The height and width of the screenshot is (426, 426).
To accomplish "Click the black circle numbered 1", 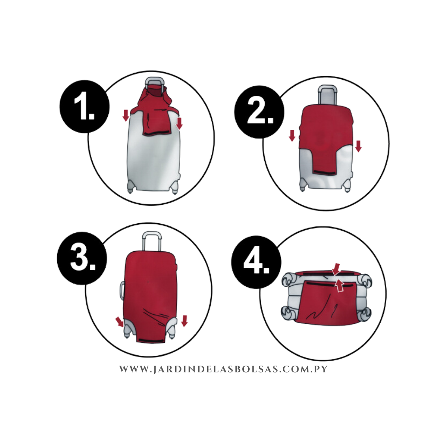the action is click(84, 106).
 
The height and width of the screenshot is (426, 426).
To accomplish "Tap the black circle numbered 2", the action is click(260, 112).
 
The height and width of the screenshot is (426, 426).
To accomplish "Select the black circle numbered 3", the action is click(82, 258).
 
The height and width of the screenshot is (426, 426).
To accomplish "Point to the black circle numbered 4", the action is click(256, 262).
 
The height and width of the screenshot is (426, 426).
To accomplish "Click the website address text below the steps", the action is click(223, 369).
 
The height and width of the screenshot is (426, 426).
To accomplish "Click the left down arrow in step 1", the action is click(125, 116).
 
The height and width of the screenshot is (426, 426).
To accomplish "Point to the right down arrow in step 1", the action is click(179, 123).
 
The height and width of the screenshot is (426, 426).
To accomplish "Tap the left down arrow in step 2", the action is click(292, 136).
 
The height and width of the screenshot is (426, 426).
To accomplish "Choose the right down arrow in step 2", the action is click(358, 146).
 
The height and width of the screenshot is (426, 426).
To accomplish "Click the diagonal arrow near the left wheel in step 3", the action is click(120, 322).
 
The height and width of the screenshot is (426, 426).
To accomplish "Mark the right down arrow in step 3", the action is click(185, 321).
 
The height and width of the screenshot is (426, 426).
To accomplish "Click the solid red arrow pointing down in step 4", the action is click(336, 269).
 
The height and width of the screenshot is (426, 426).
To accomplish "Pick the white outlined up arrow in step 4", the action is click(339, 286).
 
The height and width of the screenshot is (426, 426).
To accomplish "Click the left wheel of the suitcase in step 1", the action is click(131, 187).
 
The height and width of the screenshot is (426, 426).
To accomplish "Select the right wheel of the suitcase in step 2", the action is click(347, 186).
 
